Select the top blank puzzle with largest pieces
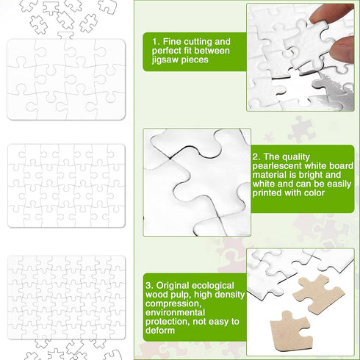pyautogui.click(x=66, y=79)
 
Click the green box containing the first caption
pyautogui.click(x=190, y=51)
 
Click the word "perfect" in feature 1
pyautogui.click(x=171, y=51)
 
